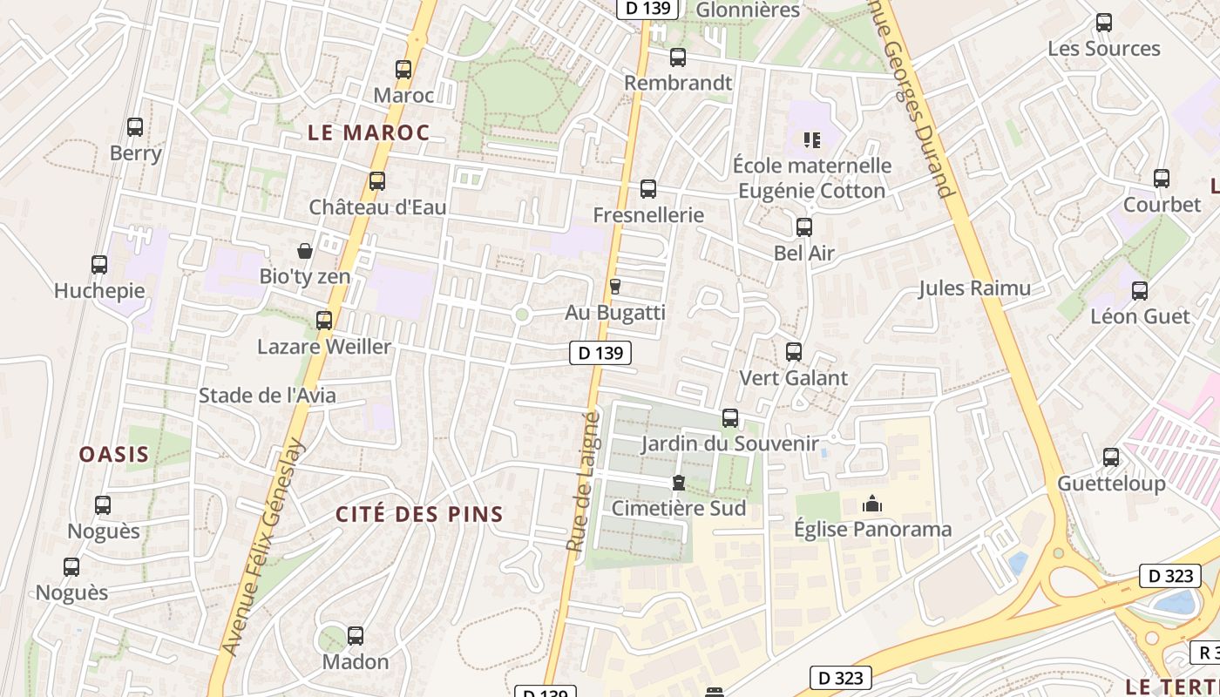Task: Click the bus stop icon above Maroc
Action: [403, 70]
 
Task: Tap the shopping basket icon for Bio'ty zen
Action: [305, 251]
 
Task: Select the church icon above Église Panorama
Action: [871, 504]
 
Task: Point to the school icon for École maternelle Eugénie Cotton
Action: [812, 139]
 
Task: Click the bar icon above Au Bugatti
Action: [614, 287]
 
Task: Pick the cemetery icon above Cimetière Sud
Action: [678, 483]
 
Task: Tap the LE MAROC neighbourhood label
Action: [369, 132]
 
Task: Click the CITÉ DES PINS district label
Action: [420, 514]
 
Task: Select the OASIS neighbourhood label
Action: [114, 454]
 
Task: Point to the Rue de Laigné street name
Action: [582, 482]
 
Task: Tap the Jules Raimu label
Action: [974, 288]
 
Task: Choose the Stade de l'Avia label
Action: [267, 395]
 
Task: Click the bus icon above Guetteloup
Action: [1110, 457]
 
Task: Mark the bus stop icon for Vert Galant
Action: [793, 352]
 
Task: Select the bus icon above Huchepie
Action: [99, 265]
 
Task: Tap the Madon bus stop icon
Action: [355, 636]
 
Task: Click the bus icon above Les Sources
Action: [1103, 23]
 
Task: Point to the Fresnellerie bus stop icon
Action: [647, 189]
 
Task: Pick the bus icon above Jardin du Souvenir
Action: [729, 418]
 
